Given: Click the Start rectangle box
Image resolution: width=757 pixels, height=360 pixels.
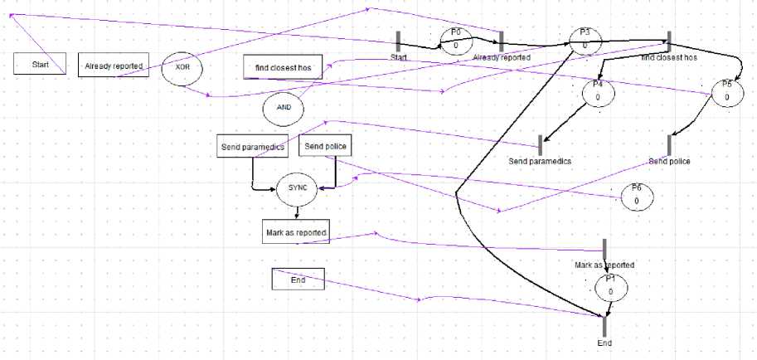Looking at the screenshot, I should pyautogui.click(x=40, y=64).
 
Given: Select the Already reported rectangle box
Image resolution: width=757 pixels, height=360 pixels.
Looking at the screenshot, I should pyautogui.click(x=114, y=65).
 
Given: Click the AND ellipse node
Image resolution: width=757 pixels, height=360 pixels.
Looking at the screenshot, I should pyautogui.click(x=283, y=108).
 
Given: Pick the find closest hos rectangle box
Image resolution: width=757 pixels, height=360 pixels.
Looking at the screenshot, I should pyautogui.click(x=282, y=67).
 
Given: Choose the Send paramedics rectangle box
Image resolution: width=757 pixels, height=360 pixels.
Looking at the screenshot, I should pyautogui.click(x=252, y=147).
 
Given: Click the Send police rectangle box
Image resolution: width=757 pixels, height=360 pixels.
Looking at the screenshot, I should pyautogui.click(x=325, y=147).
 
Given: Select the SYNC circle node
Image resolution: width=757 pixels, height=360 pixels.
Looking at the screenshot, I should pyautogui.click(x=297, y=188).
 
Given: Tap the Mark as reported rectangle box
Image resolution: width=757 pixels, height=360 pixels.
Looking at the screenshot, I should pyautogui.click(x=295, y=233).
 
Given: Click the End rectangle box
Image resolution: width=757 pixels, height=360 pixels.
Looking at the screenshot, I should pyautogui.click(x=298, y=280).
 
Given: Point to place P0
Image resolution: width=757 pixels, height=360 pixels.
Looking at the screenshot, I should pyautogui.click(x=456, y=41).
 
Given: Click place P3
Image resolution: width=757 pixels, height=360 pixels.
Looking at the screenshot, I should pyautogui.click(x=585, y=41).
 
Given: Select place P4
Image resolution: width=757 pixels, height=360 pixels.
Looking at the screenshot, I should pyautogui.click(x=597, y=93).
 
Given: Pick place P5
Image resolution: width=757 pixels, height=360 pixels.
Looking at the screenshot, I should pyautogui.click(x=726, y=93).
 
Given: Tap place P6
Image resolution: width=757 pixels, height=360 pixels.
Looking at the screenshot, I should pyautogui.click(x=636, y=197).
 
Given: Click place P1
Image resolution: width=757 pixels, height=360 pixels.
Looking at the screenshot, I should pyautogui.click(x=610, y=287).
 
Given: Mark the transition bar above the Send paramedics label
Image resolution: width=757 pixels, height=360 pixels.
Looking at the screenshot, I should pyautogui.click(x=540, y=145).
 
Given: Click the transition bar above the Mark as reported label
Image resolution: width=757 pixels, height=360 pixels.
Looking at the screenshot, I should pyautogui.click(x=605, y=249).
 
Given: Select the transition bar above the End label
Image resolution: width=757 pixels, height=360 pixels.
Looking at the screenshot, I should pyautogui.click(x=605, y=327).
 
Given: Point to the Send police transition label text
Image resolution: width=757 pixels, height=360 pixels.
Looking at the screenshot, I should pyautogui.click(x=669, y=161).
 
